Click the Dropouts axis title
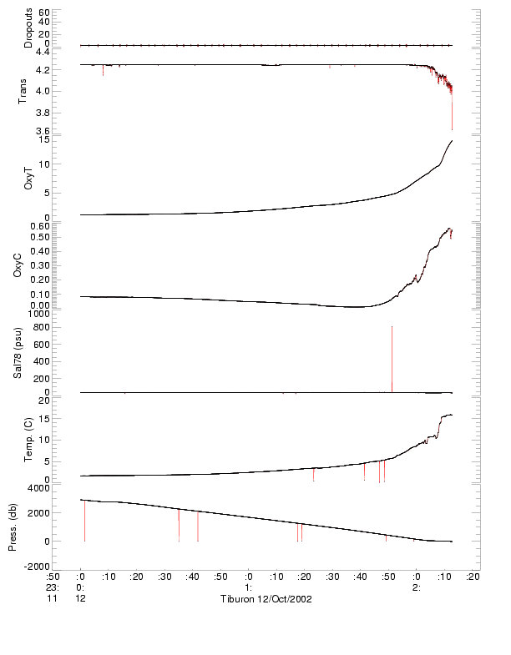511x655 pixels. pyautogui.click(x=28, y=28)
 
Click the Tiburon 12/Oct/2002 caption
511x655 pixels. pyautogui.click(x=266, y=600)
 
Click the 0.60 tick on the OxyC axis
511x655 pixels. pyautogui.click(x=40, y=225)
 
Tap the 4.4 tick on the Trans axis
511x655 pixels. pyautogui.click(x=43, y=52)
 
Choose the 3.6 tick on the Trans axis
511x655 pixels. pyautogui.click(x=43, y=131)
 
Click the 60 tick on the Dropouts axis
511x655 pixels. pyautogui.click(x=44, y=13)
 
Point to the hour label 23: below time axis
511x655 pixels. pyautogui.click(x=53, y=587)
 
